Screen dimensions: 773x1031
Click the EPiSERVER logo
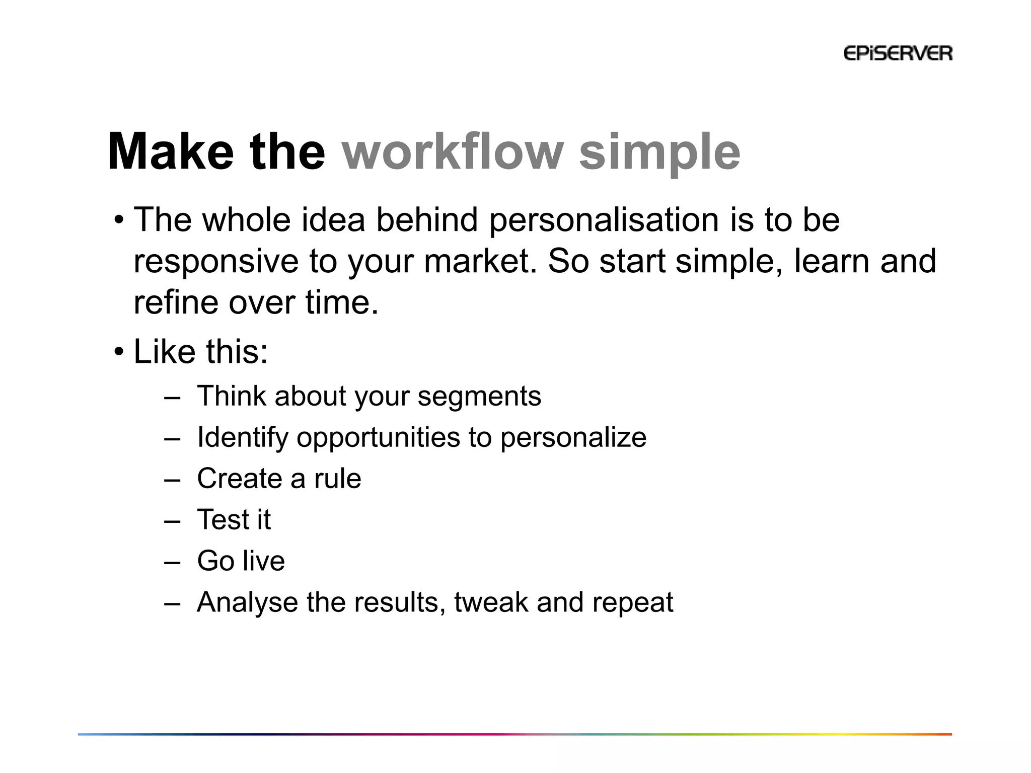point(898,53)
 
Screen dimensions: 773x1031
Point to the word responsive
point(216,262)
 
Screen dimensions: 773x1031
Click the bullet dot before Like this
point(118,352)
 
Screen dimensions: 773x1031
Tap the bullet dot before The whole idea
point(118,220)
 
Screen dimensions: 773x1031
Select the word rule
point(337,479)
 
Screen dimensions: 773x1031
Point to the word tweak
point(491,602)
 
